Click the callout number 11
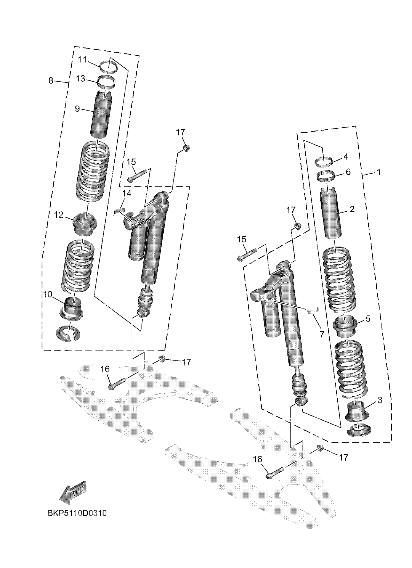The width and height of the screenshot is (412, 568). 82,60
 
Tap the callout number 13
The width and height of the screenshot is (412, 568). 81,79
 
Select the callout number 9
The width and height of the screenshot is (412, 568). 77,109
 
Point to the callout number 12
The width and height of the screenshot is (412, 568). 59,215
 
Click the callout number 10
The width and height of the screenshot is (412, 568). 47,295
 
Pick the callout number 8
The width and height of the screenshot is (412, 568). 51,81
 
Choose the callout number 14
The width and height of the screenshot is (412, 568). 127,194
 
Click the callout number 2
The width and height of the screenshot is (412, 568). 352,209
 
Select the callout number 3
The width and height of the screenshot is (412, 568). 380,400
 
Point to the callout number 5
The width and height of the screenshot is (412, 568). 368,319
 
